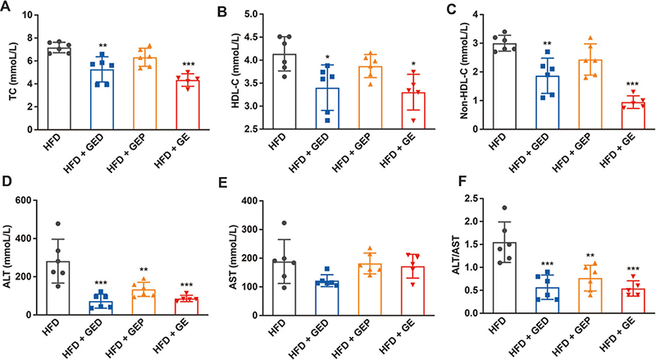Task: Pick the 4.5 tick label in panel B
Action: [x=257, y=38]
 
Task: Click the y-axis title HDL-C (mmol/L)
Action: [x=236, y=71]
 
